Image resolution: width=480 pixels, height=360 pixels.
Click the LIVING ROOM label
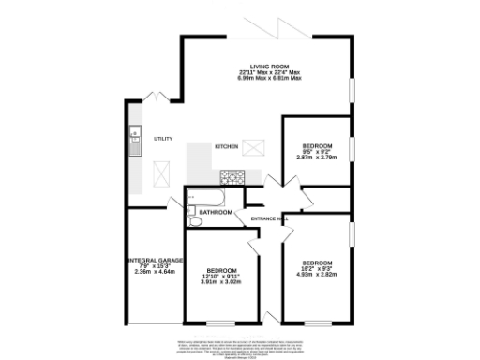[268, 66]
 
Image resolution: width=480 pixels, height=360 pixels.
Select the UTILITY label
[163, 139]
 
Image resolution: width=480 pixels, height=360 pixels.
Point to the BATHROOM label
[215, 212]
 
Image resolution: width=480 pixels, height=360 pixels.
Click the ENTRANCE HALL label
[270, 220]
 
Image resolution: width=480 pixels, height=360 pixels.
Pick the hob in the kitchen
[231, 175]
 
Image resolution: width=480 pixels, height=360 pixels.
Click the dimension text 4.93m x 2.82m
[316, 274]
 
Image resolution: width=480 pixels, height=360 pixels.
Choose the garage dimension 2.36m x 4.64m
[154, 271]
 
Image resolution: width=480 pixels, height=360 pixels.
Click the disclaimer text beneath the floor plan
[240, 344]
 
